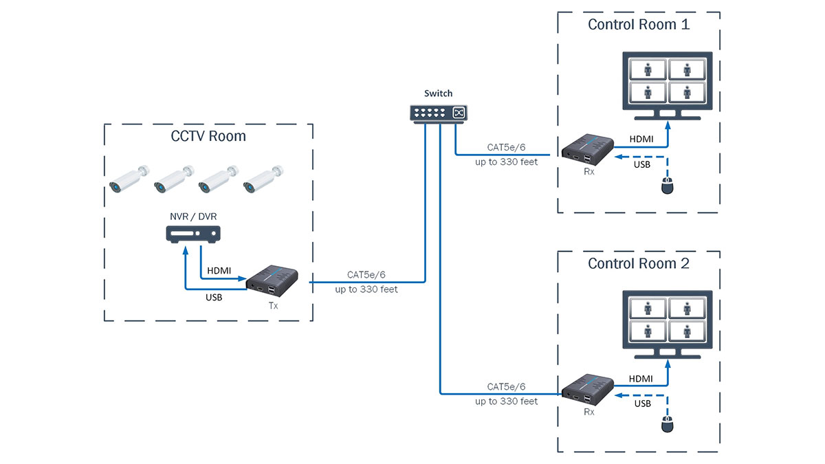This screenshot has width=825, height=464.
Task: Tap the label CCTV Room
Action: point(208,136)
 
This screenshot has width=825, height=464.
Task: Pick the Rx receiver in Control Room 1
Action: point(588,149)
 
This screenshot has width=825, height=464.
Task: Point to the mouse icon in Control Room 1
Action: point(665,186)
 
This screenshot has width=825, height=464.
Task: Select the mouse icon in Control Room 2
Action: point(665,425)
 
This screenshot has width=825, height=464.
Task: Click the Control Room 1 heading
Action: point(639,25)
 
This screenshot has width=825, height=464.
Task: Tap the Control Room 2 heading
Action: point(639,263)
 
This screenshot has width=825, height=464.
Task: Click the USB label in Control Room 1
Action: point(642,164)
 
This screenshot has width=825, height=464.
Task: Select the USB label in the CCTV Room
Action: point(214,297)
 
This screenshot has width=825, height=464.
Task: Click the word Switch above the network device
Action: point(439,93)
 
